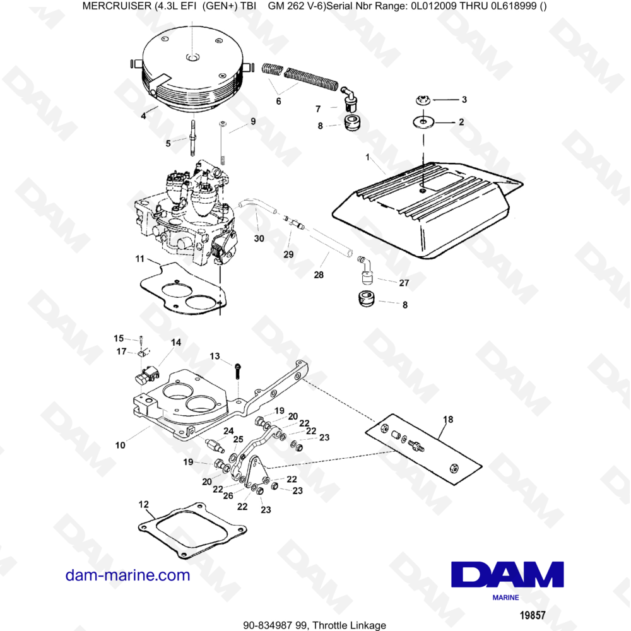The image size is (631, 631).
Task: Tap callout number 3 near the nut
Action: (x=464, y=100)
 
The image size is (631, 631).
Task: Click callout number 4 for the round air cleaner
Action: (x=144, y=115)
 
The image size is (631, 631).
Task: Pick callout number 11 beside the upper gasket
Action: (x=139, y=259)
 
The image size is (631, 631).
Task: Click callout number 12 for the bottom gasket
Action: (x=143, y=504)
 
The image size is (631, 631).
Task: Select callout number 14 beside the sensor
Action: (x=175, y=342)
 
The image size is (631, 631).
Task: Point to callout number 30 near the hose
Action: (x=259, y=238)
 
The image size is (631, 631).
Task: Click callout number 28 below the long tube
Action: (x=318, y=274)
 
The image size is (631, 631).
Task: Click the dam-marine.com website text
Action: (x=128, y=575)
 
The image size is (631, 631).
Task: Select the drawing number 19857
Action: (x=532, y=614)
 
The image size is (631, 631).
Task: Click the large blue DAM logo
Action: (x=508, y=574)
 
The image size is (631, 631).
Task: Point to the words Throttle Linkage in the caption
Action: (x=356, y=625)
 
